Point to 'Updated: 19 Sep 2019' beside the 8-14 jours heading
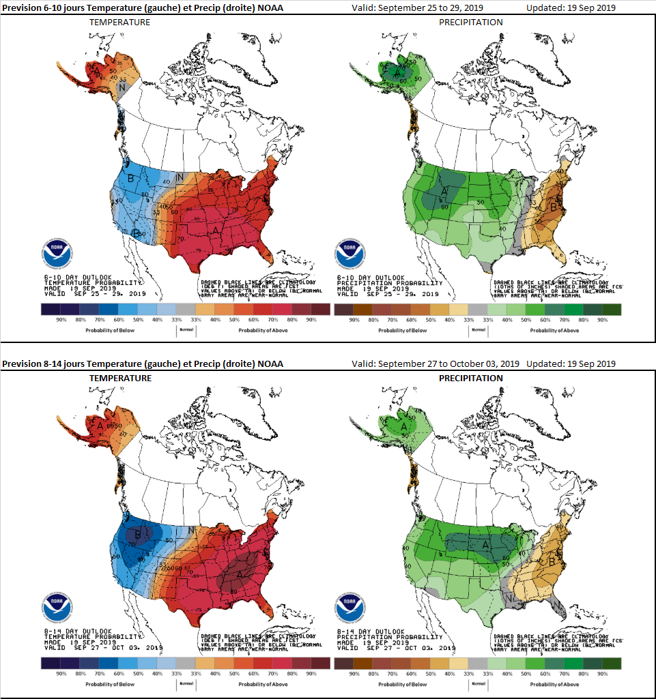tap(571, 363)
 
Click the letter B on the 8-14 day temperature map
tap(138, 535)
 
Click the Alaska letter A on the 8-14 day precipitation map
tap(403, 428)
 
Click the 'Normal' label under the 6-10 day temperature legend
tap(186, 329)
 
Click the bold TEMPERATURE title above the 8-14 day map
tap(121, 378)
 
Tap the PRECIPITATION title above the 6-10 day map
tap(470, 23)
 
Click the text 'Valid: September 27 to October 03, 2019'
tap(436, 363)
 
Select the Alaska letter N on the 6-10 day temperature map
tap(122, 87)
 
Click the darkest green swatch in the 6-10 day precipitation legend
tap(612, 310)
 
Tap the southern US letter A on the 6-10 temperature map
tap(216, 231)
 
